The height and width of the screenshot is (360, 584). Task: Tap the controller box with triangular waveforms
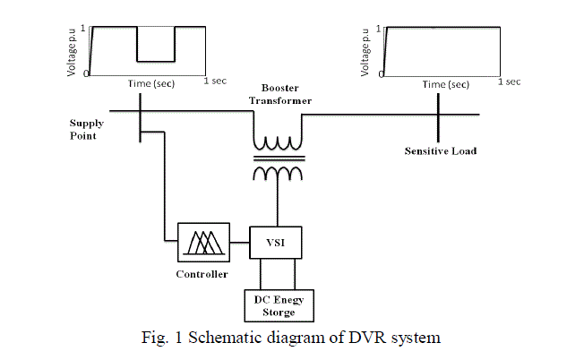205,242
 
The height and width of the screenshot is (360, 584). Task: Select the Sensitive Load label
441,151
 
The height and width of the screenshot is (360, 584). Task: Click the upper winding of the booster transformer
279,142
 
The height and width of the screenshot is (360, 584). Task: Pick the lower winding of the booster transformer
279,174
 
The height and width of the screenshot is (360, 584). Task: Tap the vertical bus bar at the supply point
141,114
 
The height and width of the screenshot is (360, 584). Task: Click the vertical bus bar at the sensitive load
438,114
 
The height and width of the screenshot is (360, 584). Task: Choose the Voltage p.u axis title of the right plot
365,49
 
